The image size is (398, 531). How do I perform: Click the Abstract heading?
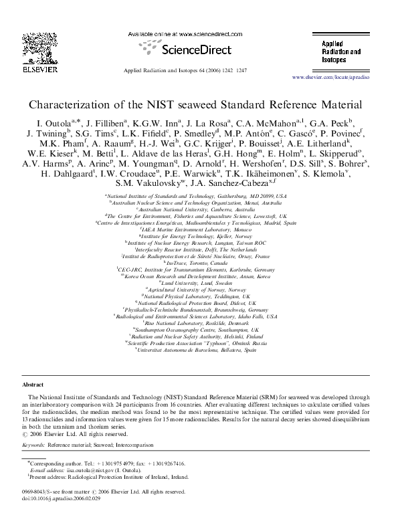[x=33, y=385]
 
